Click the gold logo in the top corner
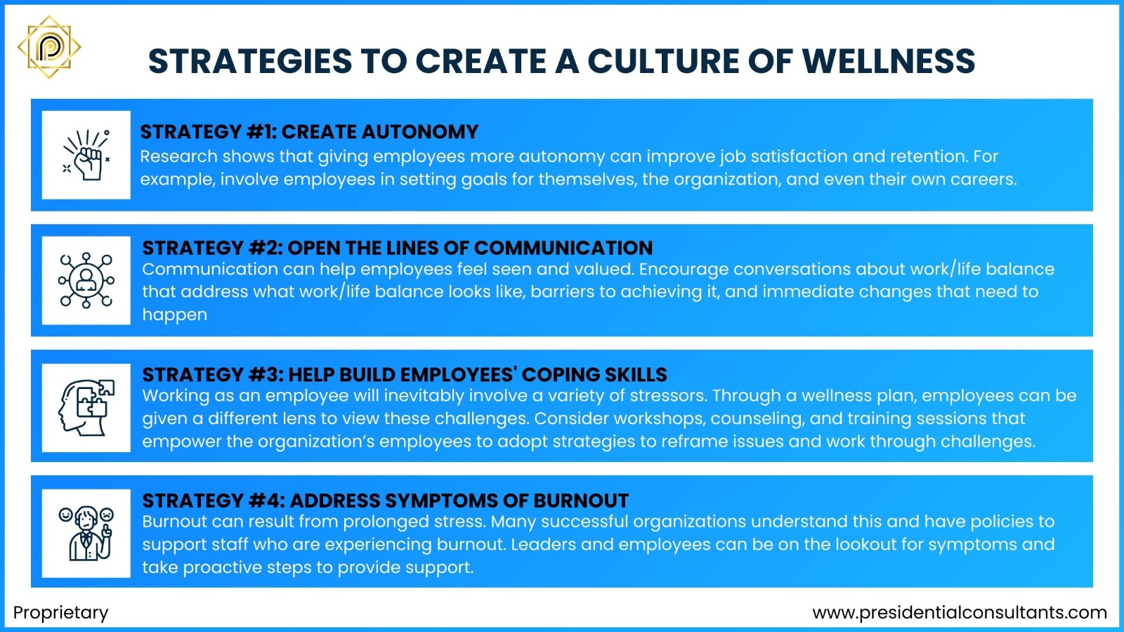pyautogui.click(x=49, y=47)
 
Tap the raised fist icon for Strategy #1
pyautogui.click(x=86, y=155)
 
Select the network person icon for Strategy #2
pyautogui.click(x=86, y=280)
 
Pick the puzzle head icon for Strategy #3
pyautogui.click(x=86, y=407)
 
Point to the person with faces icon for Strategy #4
pyautogui.click(x=86, y=533)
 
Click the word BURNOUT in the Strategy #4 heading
pyautogui.click(x=581, y=501)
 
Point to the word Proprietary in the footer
pyautogui.click(x=61, y=612)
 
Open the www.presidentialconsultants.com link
pyautogui.click(x=960, y=612)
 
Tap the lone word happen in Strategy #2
pyautogui.click(x=174, y=315)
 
